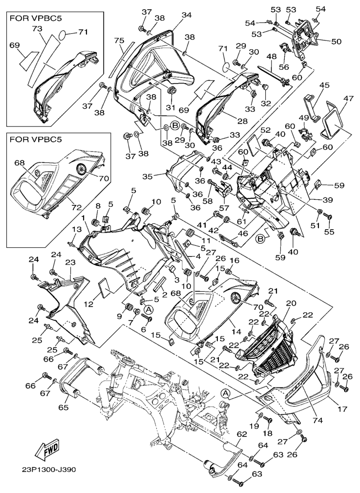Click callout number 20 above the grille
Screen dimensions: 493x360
point(291,303)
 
